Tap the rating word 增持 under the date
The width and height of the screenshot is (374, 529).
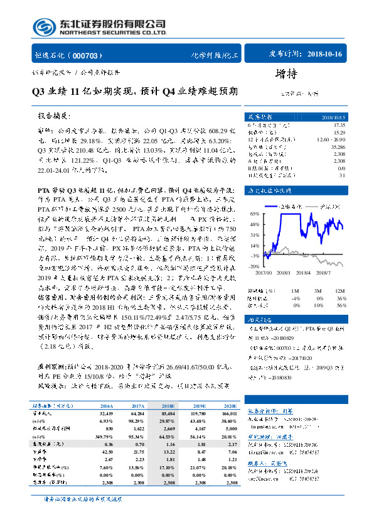(x=286, y=74)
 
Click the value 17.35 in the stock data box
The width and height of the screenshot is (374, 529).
(x=338, y=126)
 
